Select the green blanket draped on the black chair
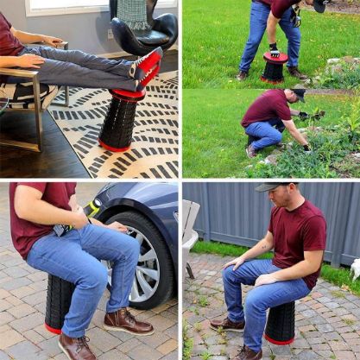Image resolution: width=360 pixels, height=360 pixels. coord(134,12)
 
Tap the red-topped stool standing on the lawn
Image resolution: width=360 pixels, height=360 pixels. coord(275,67)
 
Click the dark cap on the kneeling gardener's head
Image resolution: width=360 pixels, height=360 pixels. coord(298,93)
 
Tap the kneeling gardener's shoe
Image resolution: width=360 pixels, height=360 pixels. coord(250,151)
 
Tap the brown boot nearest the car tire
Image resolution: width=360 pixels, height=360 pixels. coord(127,321)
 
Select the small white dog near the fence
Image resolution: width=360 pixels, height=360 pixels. coord(355,268)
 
